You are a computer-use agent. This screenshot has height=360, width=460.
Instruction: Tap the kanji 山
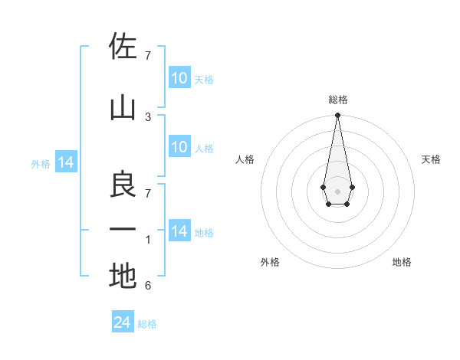coord(123,108)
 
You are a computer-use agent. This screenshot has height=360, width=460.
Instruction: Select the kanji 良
coord(123,183)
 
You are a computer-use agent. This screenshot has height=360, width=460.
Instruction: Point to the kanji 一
coord(123,229)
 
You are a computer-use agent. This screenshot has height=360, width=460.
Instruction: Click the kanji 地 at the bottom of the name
coord(123,276)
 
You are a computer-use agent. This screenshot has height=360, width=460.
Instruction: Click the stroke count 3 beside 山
coord(148,116)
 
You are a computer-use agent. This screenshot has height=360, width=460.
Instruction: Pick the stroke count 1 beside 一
coord(148,240)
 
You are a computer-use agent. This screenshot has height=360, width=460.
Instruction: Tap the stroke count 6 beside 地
coord(148,286)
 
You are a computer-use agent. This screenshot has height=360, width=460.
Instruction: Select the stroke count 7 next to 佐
coord(148,56)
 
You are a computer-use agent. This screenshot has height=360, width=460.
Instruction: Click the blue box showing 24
coord(123,322)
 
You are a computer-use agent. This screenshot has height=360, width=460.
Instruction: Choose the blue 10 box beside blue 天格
coord(179,78)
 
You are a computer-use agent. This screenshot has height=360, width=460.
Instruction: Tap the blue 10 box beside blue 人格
coord(179,148)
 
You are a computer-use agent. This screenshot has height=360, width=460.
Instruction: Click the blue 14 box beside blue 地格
coord(179,231)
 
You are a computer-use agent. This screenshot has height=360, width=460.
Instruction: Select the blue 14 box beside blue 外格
coord(65,162)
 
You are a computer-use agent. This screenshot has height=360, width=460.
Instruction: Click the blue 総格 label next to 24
coord(147,324)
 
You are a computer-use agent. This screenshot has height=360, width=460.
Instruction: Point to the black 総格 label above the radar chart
coord(337,100)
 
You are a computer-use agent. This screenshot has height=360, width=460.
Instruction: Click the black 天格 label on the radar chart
coord(431,159)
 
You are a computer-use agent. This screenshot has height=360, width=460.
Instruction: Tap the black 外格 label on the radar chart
coord(270,262)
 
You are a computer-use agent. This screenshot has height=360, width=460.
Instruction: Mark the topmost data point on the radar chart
coord(337,116)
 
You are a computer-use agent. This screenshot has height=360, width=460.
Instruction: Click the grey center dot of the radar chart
coord(337,190)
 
